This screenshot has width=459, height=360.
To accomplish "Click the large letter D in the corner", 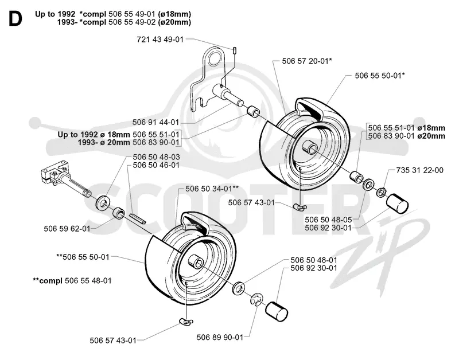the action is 15,18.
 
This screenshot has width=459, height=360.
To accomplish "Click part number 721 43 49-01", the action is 160,39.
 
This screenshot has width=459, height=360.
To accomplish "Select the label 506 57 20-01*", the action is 307,61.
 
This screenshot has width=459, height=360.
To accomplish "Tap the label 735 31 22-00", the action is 419,170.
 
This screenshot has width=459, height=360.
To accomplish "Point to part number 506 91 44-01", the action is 155,122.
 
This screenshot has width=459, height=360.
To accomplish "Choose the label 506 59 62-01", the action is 67,228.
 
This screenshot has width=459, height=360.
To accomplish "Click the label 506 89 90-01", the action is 220,337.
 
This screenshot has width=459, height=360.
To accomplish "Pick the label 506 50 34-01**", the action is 212,189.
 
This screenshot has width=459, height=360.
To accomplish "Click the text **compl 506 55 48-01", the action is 72,281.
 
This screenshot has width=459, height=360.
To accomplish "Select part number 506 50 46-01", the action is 156,165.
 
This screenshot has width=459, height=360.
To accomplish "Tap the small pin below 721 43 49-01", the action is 235,50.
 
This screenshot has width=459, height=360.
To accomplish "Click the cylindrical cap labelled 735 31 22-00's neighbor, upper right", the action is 397,204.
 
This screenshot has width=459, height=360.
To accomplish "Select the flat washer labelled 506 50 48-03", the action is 102,202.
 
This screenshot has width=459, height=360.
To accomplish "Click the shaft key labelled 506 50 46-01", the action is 137,218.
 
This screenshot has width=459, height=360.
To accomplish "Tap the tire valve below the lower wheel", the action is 186,322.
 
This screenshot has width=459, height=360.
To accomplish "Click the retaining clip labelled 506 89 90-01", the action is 256,300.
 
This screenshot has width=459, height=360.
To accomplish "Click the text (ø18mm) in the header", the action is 174,14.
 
